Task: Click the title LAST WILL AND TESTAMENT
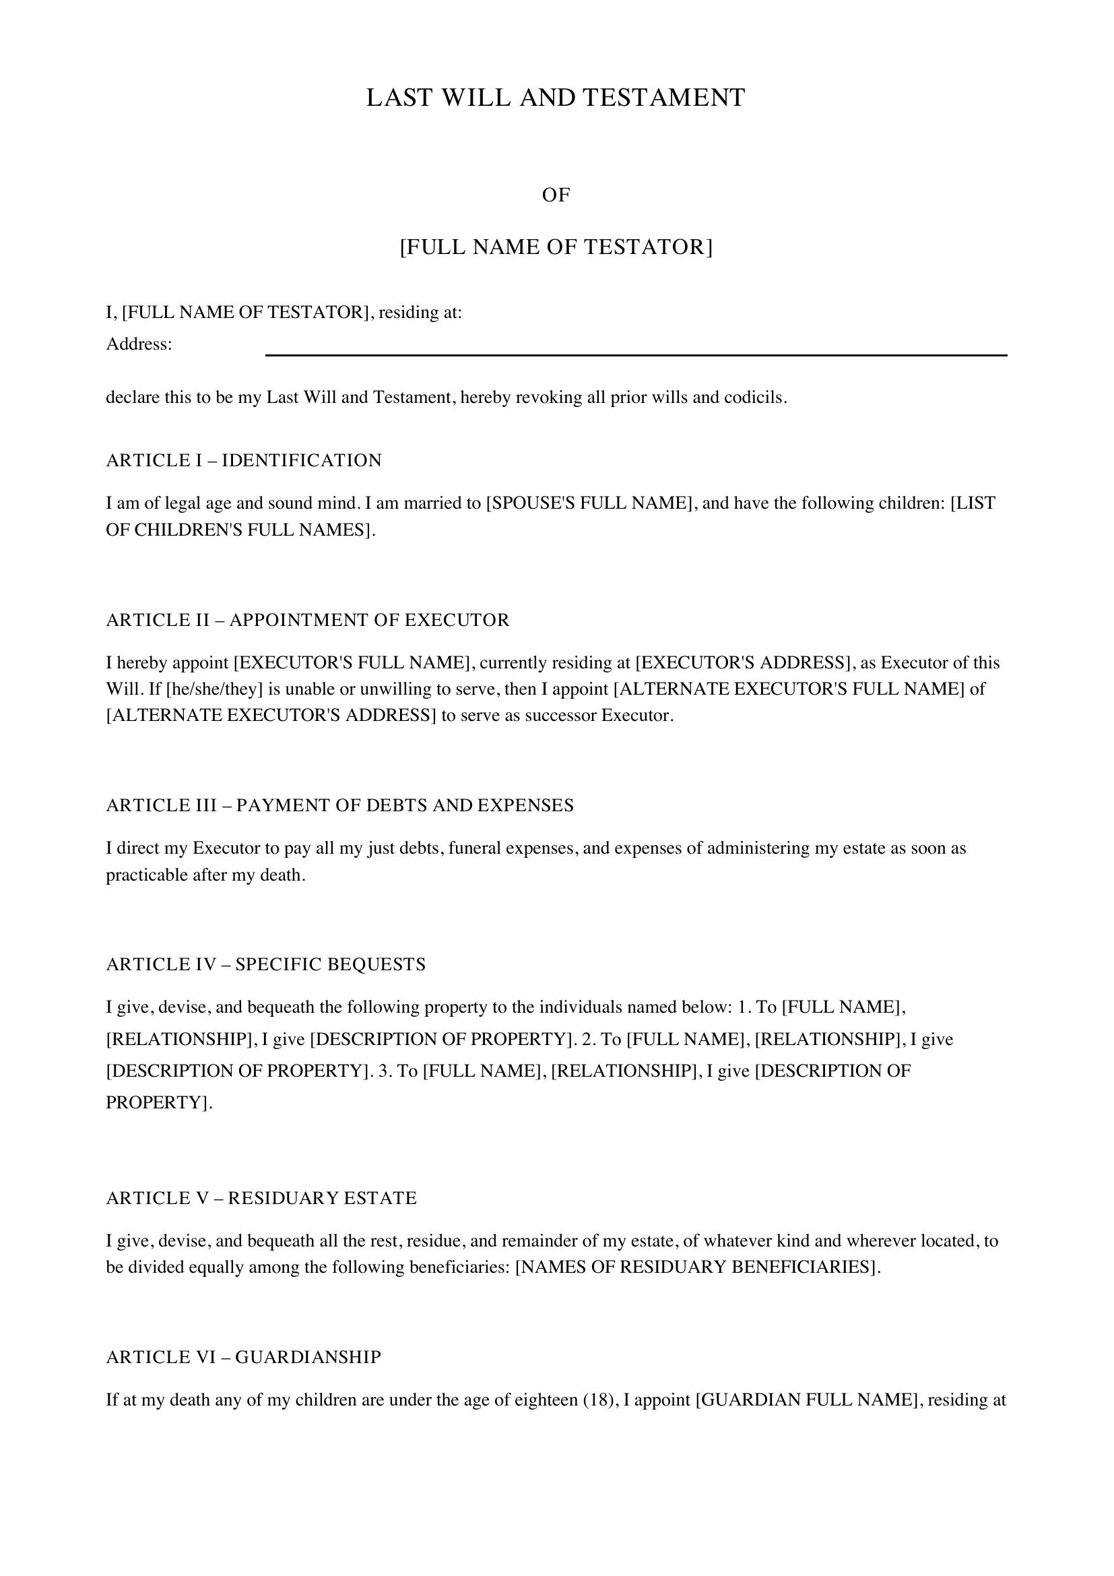point(556,98)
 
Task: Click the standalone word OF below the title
point(556,195)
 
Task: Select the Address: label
point(139,344)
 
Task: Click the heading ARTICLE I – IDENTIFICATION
point(244,461)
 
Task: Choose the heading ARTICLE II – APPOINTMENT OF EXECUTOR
point(308,620)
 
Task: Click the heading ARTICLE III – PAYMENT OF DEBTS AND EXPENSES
point(339,805)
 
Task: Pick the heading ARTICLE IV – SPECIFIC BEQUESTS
point(265,964)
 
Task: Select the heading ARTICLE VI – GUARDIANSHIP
point(244,1357)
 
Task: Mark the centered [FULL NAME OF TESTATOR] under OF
point(556,247)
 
